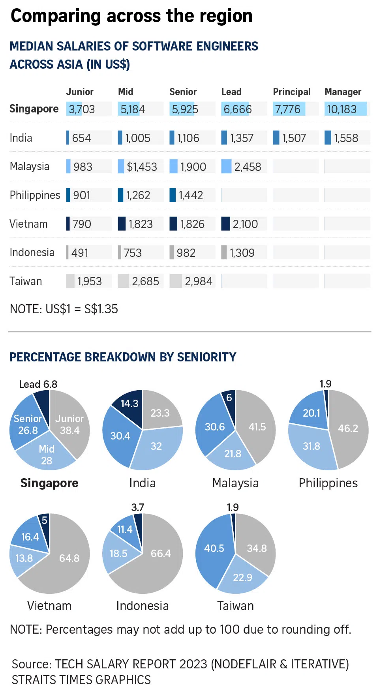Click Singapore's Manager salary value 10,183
pyautogui.click(x=342, y=109)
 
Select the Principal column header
pyautogui.click(x=292, y=92)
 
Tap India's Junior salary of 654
pyautogui.click(x=81, y=138)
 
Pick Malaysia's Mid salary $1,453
pyautogui.click(x=142, y=167)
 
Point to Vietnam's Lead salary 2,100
pyautogui.click(x=245, y=224)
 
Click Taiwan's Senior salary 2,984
pyautogui.click(x=199, y=281)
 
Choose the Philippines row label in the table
pyautogui.click(x=35, y=195)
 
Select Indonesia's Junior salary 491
pyautogui.click(x=80, y=253)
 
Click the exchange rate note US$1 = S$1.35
pyautogui.click(x=64, y=309)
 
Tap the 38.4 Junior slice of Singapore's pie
pyautogui.click(x=70, y=425)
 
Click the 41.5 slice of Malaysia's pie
pyautogui.click(x=257, y=427)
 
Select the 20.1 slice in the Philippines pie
pyautogui.click(x=311, y=413)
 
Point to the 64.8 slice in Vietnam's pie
pyautogui.click(x=69, y=558)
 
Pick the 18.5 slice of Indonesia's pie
pyautogui.click(x=118, y=554)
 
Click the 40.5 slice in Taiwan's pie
pyautogui.click(x=214, y=548)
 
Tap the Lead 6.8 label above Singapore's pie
pyautogui.click(x=38, y=384)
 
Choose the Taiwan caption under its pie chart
pyautogui.click(x=235, y=606)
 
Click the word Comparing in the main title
pyautogui.click(x=56, y=16)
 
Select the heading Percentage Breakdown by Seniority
pyautogui.click(x=123, y=357)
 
